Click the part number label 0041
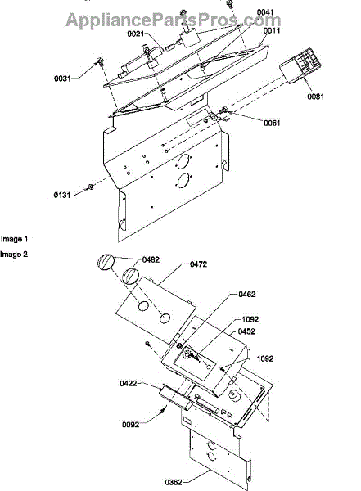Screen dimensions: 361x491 (265, 12)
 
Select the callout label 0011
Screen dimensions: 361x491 (272, 31)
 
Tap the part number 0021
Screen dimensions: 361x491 (135, 34)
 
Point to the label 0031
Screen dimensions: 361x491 (62, 79)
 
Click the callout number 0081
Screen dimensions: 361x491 (315, 97)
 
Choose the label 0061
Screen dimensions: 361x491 (272, 123)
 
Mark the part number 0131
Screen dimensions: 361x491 (61, 196)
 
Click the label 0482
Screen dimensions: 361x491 (151, 259)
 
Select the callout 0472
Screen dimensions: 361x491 (198, 264)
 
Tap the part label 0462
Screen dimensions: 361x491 (247, 295)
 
